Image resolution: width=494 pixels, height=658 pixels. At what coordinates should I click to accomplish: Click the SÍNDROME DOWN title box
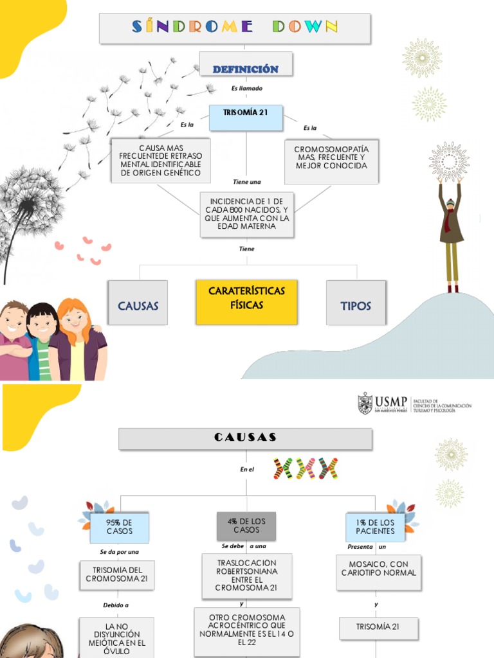point(235,28)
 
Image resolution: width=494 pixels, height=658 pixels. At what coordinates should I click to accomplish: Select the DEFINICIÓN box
point(245,67)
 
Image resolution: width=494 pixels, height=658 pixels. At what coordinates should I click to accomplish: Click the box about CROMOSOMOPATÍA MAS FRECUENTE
point(331,161)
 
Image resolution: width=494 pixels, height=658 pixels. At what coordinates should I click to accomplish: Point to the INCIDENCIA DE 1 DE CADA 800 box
point(247,213)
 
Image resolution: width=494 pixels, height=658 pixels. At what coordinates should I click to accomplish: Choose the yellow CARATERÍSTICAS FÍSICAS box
point(246,301)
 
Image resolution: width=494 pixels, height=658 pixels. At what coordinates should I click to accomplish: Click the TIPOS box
point(356,302)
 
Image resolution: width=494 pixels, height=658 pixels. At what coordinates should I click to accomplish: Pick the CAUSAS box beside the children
point(137,302)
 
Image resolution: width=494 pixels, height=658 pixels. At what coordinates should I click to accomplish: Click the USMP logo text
point(391,403)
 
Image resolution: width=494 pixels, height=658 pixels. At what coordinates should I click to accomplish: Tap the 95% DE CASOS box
point(120,528)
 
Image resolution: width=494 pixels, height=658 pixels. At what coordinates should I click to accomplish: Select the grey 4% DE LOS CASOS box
point(246,525)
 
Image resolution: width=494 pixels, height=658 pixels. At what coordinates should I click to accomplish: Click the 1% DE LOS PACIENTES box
point(375,527)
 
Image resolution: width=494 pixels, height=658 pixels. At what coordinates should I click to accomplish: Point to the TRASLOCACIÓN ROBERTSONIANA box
point(246,574)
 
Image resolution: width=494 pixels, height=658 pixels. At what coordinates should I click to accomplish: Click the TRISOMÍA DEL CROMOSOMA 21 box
point(117,574)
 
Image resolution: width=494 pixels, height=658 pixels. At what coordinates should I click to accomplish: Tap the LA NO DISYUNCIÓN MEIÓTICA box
point(116,637)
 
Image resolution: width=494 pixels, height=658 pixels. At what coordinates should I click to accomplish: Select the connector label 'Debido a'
point(116,605)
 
